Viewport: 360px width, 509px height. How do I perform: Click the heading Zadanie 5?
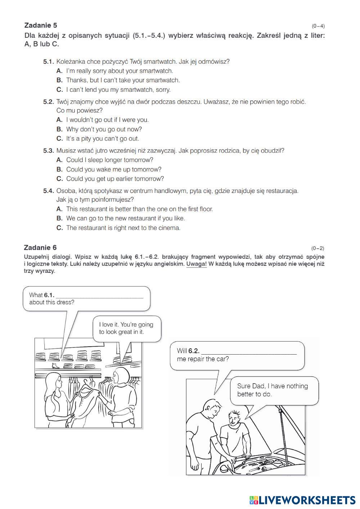click(x=40, y=25)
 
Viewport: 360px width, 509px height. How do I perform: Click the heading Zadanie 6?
click(x=40, y=247)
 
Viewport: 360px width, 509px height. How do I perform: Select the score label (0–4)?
click(x=318, y=26)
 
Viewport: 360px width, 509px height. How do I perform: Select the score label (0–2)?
click(x=318, y=248)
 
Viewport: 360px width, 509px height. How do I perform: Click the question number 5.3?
click(x=48, y=150)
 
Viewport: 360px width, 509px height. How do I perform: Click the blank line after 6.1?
click(x=100, y=297)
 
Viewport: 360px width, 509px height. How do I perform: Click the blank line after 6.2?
click(x=248, y=352)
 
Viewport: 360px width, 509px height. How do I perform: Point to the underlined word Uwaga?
click(x=196, y=264)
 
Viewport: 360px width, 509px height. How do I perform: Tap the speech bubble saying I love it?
click(x=126, y=328)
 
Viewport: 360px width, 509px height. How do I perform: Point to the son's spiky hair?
click(x=236, y=413)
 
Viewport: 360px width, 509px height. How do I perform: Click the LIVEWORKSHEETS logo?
click(x=302, y=500)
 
